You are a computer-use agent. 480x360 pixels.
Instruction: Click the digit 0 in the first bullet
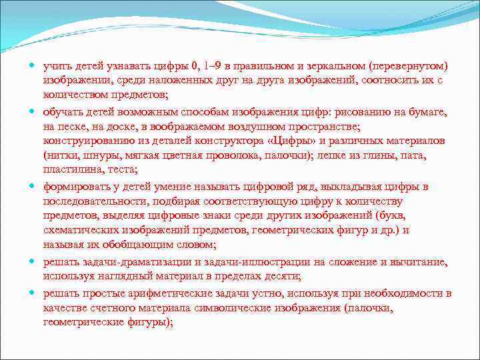(195, 67)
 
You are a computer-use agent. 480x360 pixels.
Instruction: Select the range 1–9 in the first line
(213, 67)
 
